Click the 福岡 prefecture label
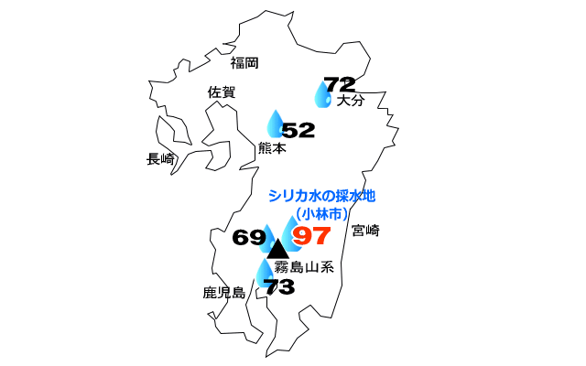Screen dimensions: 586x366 coord(245,63)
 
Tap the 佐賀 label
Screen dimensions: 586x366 coord(222,91)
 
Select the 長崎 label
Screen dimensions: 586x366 coord(161,158)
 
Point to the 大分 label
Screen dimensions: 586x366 coord(351,101)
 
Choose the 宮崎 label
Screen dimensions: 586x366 coord(364,230)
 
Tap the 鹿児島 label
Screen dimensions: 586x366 coord(224,293)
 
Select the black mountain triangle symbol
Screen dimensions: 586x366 coord(278,247)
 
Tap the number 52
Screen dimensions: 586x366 coord(298,130)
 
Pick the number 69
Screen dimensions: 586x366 coord(248,238)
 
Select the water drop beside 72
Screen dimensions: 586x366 coord(322,94)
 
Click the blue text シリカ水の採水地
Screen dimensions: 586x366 coord(321,195)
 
